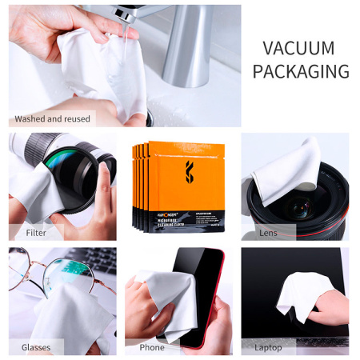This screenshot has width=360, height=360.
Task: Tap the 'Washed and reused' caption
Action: pos(52,118)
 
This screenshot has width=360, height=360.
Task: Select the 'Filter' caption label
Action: pos(36,233)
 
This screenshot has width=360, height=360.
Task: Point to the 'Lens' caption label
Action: pos(268,233)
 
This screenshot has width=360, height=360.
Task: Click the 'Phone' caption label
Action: pos(152,348)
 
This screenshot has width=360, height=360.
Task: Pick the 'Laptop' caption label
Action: pos(268,348)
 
